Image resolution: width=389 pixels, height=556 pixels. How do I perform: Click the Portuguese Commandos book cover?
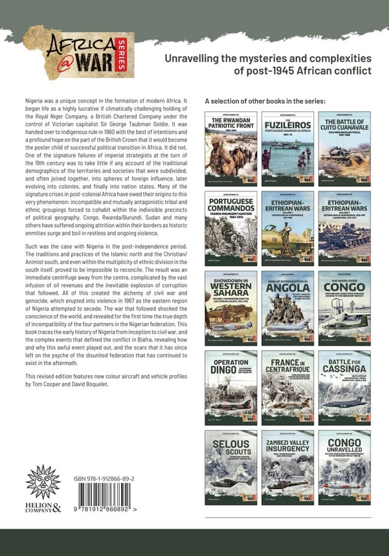231,228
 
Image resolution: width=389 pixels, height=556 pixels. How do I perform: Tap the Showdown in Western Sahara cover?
231,308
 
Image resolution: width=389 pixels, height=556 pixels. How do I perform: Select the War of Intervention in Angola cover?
288,308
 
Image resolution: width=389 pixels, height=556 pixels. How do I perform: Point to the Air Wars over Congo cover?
344,308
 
